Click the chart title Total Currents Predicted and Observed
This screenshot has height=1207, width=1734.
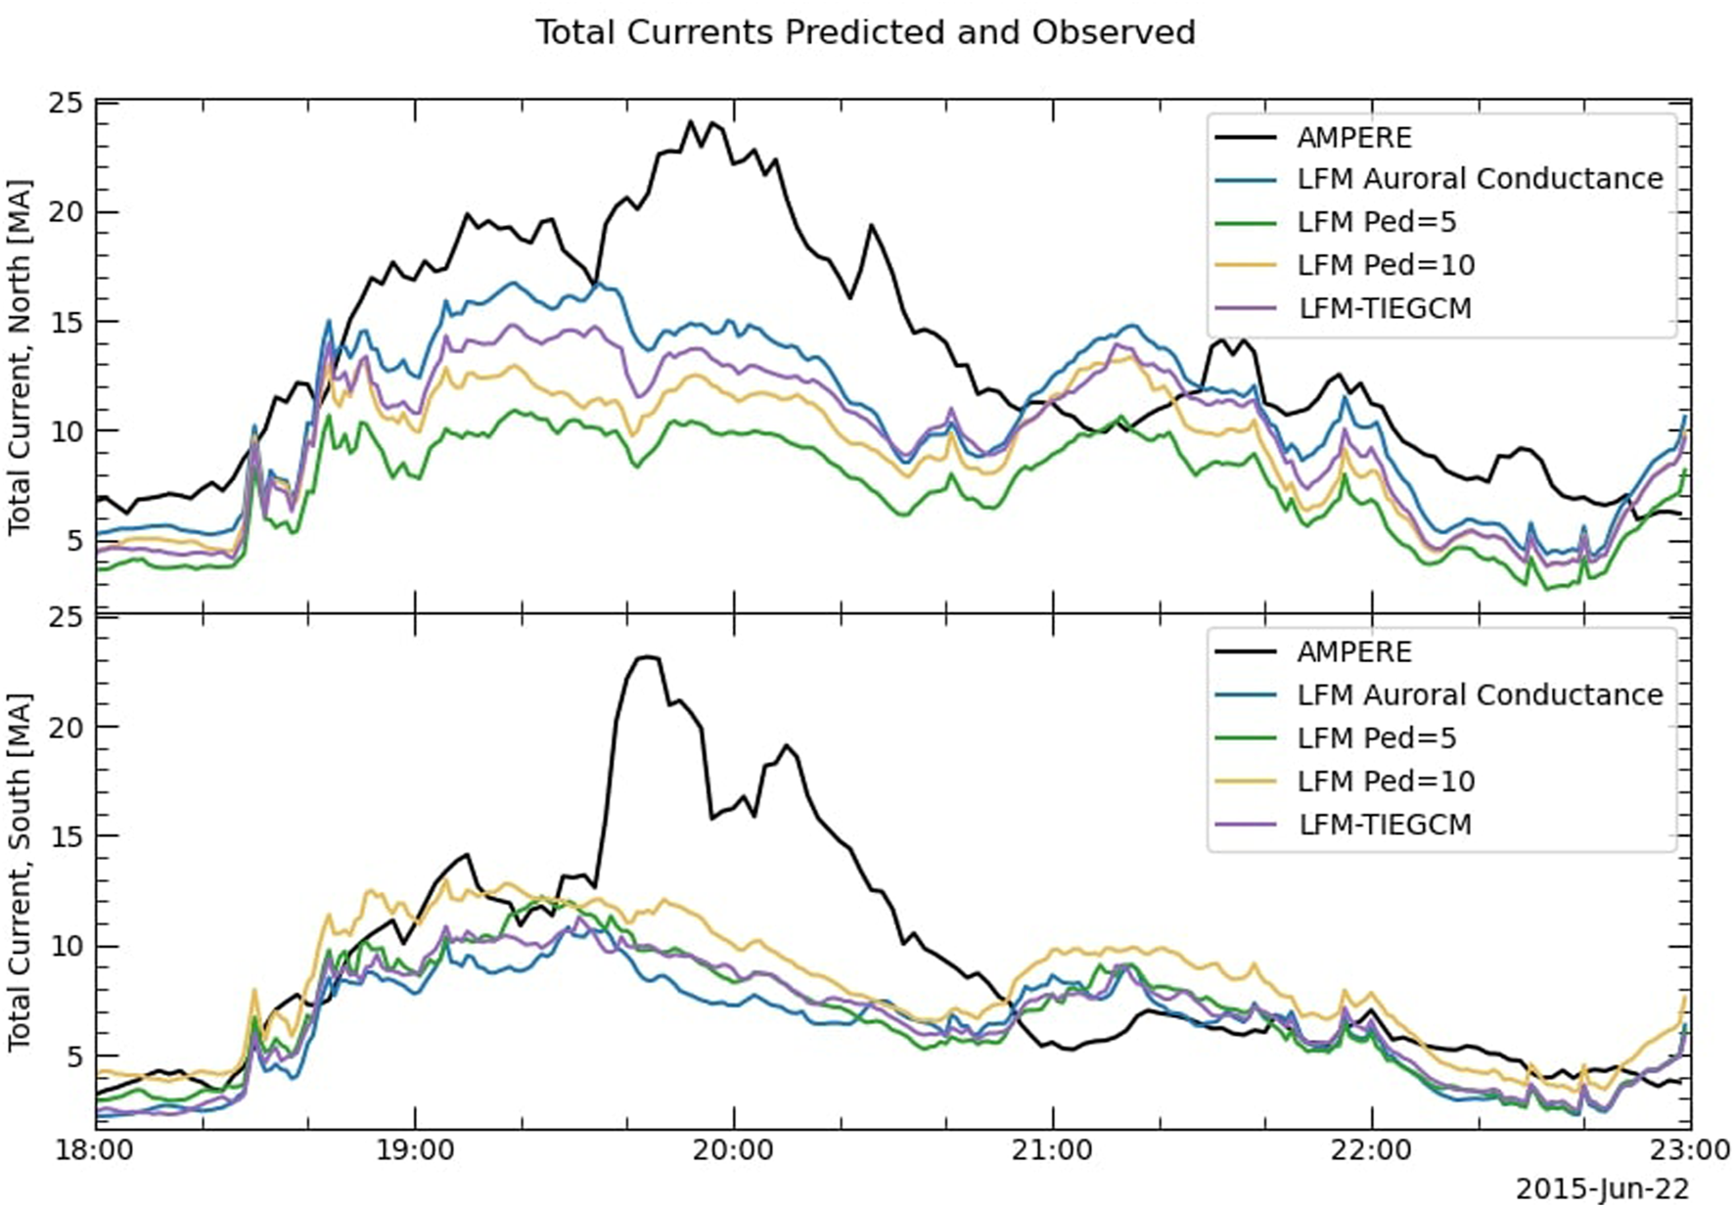[865, 32]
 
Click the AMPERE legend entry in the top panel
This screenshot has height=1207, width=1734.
[1353, 138]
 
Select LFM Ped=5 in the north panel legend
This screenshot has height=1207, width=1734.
[1376, 223]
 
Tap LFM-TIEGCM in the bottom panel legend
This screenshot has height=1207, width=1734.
[1385, 825]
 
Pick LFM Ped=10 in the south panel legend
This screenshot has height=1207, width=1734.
[1386, 782]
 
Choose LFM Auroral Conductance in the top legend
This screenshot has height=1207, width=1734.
[1479, 179]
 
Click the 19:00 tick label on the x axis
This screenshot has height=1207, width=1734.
[415, 1149]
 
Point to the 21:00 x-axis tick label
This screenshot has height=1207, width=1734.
[1053, 1149]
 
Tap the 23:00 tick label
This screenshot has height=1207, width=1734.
[1690, 1149]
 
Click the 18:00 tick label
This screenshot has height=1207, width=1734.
[96, 1149]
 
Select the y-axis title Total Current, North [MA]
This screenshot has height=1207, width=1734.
[20, 357]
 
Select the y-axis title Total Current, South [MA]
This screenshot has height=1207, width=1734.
[20, 872]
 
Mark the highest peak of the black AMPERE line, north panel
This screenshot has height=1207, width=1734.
[690, 122]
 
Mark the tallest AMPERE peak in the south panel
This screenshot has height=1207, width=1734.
[646, 656]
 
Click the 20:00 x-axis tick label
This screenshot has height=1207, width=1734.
[734, 1149]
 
